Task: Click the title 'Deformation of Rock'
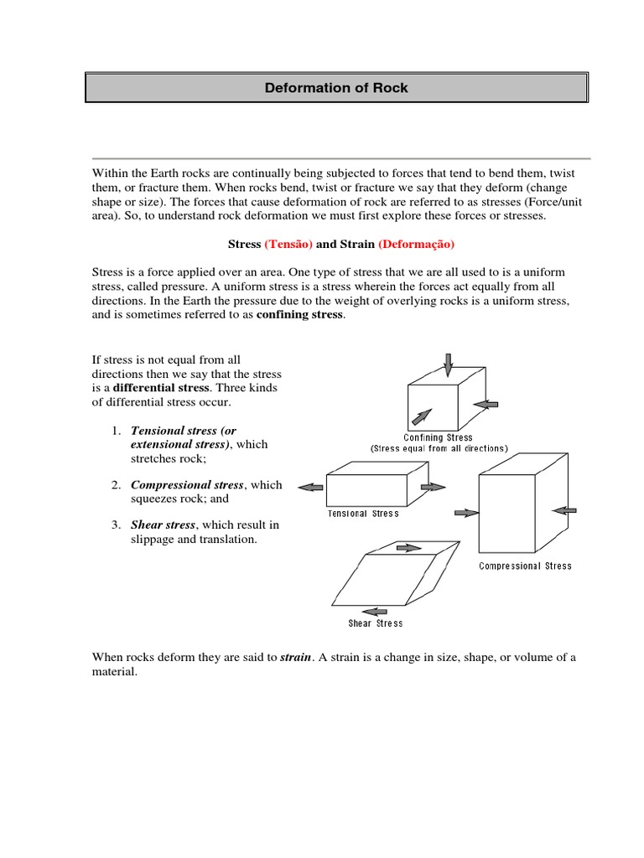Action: [336, 88]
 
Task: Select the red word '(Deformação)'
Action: [416, 244]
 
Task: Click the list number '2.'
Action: [117, 485]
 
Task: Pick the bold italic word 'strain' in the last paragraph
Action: [294, 658]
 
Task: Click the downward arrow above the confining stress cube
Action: [449, 364]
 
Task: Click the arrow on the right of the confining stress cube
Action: [486, 404]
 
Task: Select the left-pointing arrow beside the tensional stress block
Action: [312, 487]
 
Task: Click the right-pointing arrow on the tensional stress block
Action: [434, 487]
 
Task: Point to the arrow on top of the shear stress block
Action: [408, 548]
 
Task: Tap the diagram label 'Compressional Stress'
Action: [525, 566]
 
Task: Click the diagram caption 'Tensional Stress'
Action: [363, 514]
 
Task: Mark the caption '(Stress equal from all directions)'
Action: [439, 449]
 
